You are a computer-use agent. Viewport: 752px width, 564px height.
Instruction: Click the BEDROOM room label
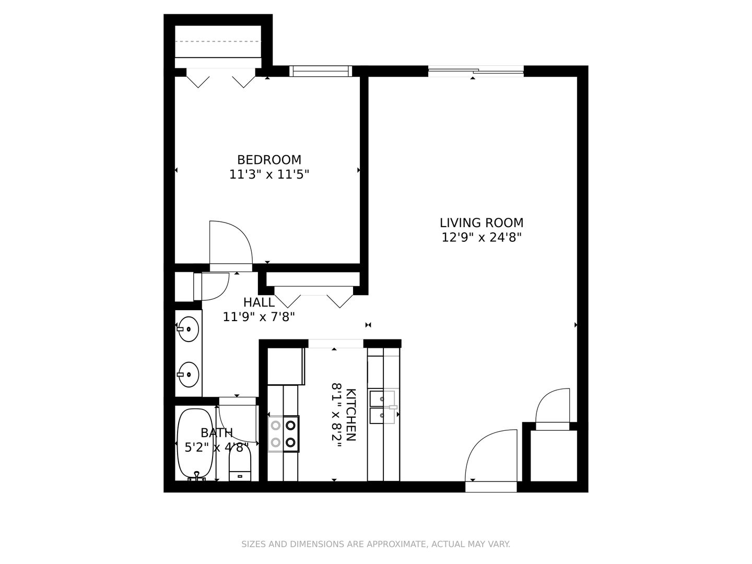269,160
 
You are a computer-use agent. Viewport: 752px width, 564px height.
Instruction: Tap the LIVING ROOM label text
481,223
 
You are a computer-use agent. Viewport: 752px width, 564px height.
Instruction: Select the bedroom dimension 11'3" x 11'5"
269,174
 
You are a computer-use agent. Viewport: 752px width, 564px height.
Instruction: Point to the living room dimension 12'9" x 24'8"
481,237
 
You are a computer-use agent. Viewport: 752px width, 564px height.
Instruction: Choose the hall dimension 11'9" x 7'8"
259,317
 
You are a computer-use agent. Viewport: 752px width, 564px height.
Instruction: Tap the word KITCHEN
351,415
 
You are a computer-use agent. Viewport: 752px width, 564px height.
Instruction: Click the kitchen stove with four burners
284,434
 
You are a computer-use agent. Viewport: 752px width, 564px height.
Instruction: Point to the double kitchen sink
382,407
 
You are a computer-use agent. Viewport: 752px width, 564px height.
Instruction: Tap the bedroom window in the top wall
321,71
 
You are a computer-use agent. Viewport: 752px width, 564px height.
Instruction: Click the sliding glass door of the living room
476,71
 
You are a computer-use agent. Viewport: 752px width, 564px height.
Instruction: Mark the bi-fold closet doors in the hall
314,297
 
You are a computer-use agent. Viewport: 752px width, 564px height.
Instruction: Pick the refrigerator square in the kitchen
286,367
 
